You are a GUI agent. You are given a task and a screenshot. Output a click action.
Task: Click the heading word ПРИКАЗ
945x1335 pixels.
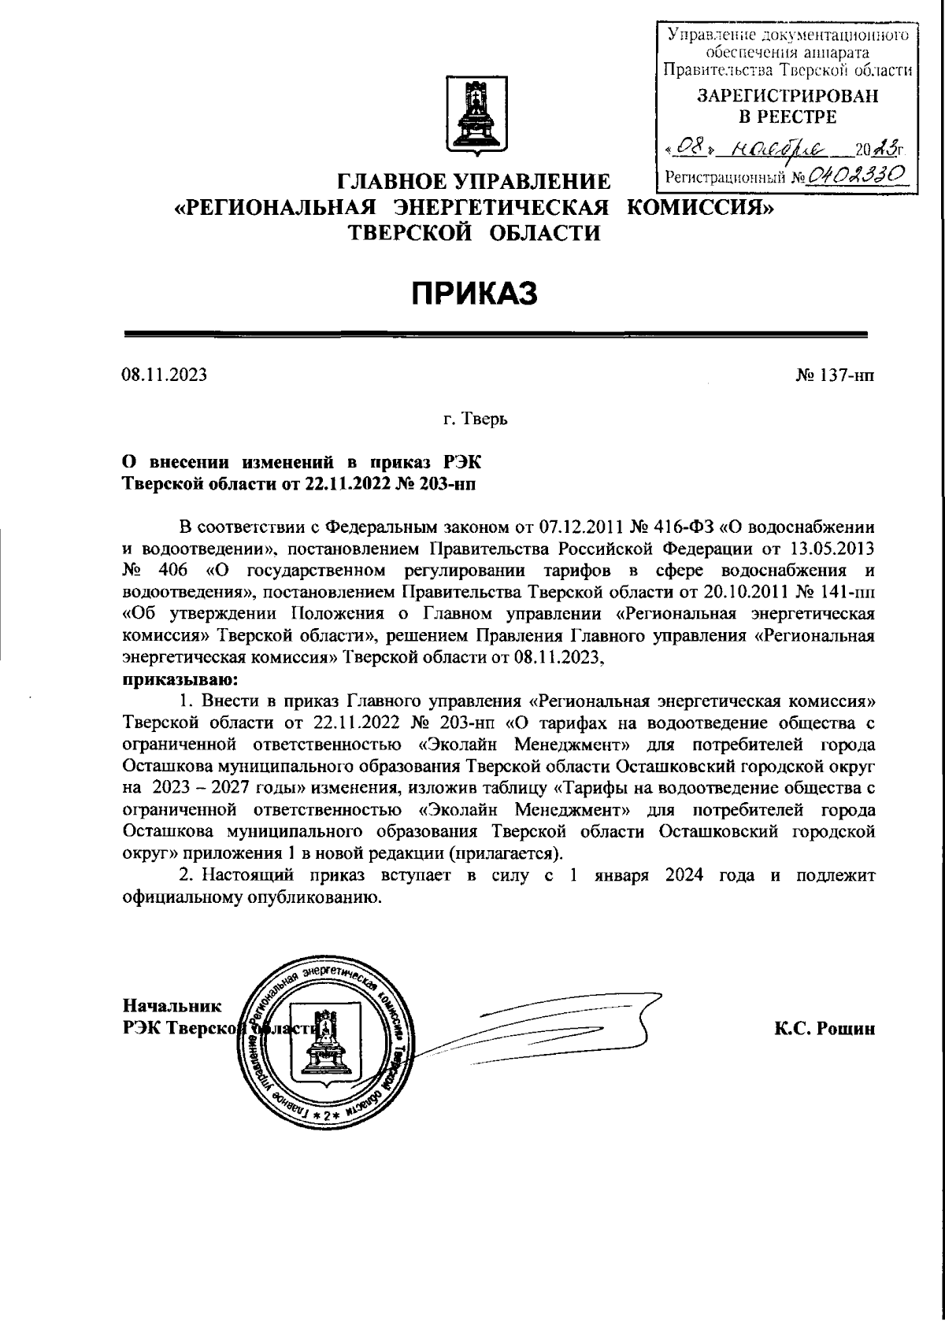click(x=475, y=294)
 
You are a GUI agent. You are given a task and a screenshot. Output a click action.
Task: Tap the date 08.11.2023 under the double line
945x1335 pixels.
click(x=164, y=375)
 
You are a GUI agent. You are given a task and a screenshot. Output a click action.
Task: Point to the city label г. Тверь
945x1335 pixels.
click(x=475, y=419)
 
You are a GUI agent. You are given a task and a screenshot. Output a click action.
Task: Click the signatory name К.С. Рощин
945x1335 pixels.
click(x=825, y=1028)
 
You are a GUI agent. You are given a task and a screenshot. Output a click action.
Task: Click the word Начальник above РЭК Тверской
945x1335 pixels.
click(x=172, y=1006)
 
